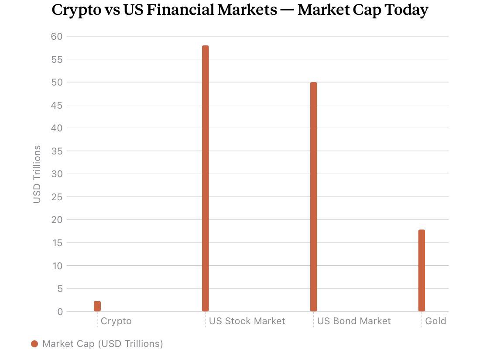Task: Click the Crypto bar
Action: [97, 306]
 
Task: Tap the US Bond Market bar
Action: [313, 196]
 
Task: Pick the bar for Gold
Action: [422, 270]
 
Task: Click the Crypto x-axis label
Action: [116, 321]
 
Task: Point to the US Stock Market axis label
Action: [247, 321]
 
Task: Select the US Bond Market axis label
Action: [354, 321]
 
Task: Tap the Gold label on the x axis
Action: [435, 321]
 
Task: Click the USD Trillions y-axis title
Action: [37, 174]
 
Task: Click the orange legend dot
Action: [34, 344]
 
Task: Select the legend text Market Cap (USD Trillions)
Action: [103, 344]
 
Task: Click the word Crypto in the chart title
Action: [76, 10]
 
